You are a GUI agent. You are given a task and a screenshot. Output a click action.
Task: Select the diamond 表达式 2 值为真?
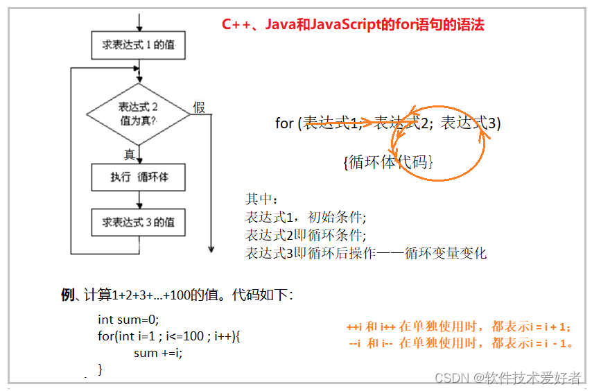tap(138, 114)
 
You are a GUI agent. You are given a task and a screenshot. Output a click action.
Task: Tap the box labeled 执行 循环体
tap(139, 177)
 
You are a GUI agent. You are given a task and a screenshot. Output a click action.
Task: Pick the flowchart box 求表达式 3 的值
tap(139, 223)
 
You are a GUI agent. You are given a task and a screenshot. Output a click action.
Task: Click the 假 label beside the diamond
tap(199, 107)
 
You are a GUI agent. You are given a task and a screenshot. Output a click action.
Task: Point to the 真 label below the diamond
tap(129, 155)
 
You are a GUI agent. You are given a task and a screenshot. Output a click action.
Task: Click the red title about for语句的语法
tap(353, 24)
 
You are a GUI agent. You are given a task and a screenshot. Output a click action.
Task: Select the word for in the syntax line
tap(284, 123)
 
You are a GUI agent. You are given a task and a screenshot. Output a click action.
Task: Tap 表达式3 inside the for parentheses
tap(469, 123)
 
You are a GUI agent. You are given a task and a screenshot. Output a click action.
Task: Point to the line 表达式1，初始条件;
tap(306, 216)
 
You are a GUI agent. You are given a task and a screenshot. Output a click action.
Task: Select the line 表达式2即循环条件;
tap(306, 234)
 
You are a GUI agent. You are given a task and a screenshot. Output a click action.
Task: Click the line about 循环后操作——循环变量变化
tap(366, 253)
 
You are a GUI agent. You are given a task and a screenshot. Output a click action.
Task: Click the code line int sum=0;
tap(128, 320)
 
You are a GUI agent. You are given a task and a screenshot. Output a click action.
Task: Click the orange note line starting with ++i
tap(458, 327)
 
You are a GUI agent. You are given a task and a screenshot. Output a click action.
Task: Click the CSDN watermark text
tap(507, 377)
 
